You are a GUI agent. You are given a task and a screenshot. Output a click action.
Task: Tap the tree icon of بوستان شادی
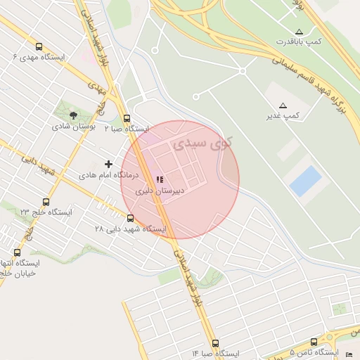click(74, 115)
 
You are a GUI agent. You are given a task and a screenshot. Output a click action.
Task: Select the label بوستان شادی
click(73, 127)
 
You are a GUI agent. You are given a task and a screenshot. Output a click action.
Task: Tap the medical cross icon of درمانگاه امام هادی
click(108, 164)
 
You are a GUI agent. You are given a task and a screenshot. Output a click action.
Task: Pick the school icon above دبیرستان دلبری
click(159, 179)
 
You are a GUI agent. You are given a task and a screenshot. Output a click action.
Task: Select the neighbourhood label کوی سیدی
click(192, 144)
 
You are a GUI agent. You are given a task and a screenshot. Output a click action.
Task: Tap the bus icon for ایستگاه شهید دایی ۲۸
click(129, 218)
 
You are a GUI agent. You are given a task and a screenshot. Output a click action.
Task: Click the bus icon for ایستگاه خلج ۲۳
click(46, 201)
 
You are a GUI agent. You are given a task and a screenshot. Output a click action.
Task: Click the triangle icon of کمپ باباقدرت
click(300, 32)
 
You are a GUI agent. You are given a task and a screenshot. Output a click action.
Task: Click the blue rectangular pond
click(305, 181)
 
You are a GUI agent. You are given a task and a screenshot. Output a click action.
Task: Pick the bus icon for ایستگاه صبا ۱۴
click(214, 343)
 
